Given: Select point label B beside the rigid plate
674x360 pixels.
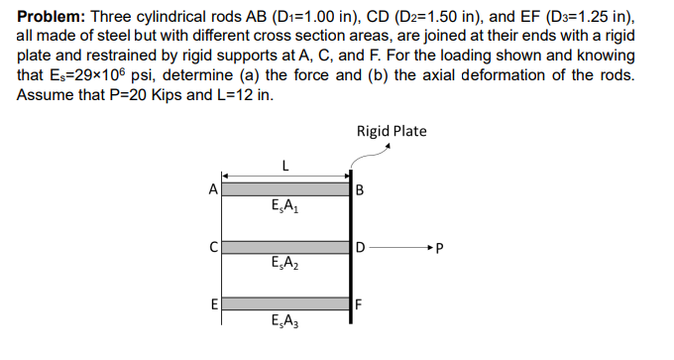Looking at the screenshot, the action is click(x=360, y=189).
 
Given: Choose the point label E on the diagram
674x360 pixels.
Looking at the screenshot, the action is click(x=211, y=301).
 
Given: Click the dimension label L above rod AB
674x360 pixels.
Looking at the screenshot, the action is click(x=285, y=166).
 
